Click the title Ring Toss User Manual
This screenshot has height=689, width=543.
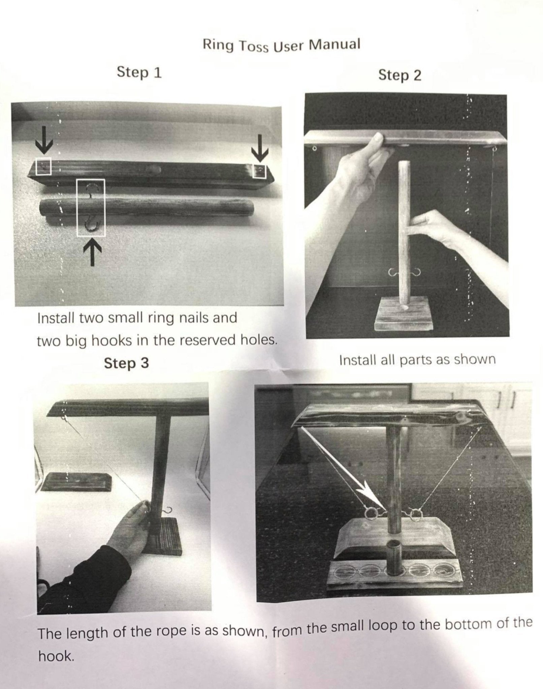(281, 46)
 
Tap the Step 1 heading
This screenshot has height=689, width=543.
(139, 72)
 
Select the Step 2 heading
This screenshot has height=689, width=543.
(400, 75)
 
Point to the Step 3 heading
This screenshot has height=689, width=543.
(126, 363)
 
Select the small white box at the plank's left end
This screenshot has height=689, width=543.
(44, 166)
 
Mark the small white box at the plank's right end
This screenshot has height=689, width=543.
(259, 172)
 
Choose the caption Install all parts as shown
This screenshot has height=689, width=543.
(417, 360)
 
